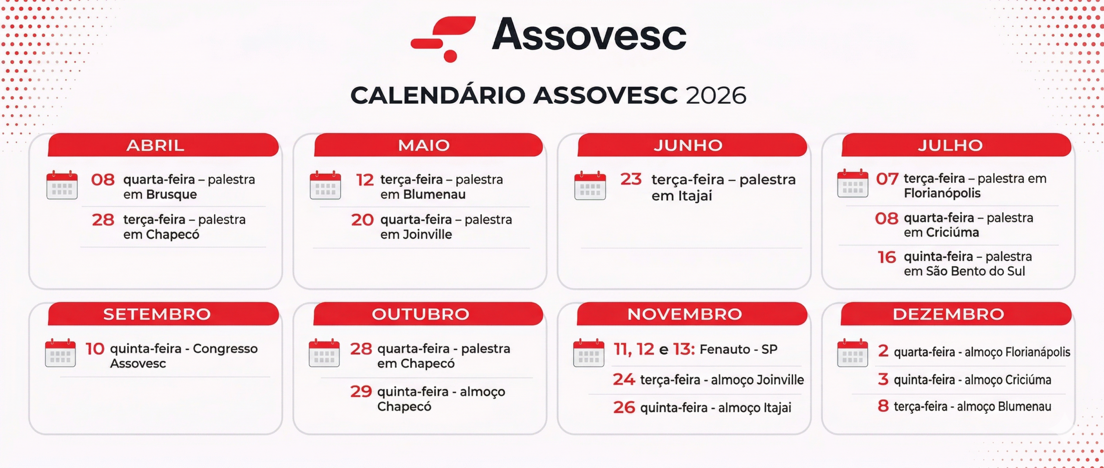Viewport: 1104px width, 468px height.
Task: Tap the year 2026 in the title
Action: click(x=716, y=95)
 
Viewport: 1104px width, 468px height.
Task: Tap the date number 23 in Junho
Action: click(x=631, y=179)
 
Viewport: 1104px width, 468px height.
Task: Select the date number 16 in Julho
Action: click(x=887, y=257)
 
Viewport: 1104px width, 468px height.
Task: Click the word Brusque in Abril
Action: click(x=172, y=194)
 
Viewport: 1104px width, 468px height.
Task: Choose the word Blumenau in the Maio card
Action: click(x=434, y=194)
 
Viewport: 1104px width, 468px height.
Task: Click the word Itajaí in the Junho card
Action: click(x=695, y=196)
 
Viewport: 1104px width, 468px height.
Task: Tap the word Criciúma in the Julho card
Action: click(x=952, y=233)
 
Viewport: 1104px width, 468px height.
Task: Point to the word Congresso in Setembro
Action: click(x=225, y=349)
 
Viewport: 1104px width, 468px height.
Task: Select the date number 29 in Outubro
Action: click(x=361, y=391)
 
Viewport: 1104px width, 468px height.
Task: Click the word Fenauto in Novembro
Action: click(x=724, y=349)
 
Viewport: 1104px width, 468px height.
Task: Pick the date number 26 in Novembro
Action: click(x=624, y=407)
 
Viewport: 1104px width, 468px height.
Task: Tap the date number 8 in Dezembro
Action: click(x=883, y=406)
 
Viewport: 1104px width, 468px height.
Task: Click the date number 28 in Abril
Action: click(x=103, y=220)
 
